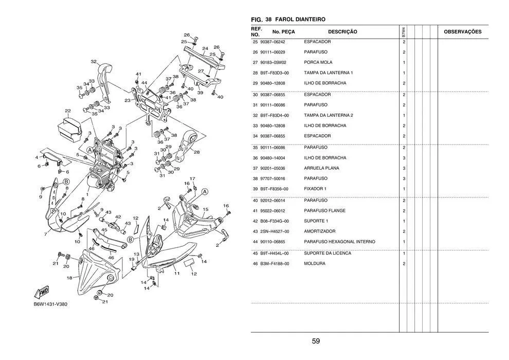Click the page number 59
(x=316, y=341)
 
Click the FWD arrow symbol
(x=41, y=292)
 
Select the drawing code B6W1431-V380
(x=50, y=304)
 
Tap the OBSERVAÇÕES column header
(x=463, y=32)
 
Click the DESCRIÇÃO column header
(x=342, y=32)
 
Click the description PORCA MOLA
(x=318, y=62)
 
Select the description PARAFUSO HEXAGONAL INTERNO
(x=339, y=242)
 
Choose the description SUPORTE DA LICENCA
(x=328, y=253)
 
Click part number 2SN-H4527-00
(x=275, y=231)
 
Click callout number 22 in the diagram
(x=67, y=111)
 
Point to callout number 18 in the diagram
(x=69, y=278)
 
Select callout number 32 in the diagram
(x=94, y=61)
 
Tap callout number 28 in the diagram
(x=197, y=152)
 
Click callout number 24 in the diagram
(x=205, y=49)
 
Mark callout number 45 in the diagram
(x=104, y=230)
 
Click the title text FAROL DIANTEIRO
(x=300, y=20)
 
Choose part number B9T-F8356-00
(x=275, y=189)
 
